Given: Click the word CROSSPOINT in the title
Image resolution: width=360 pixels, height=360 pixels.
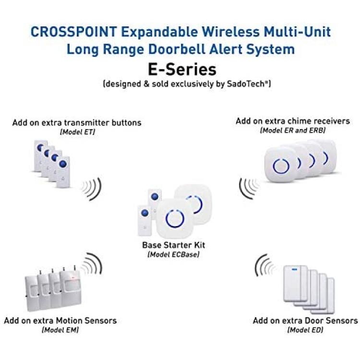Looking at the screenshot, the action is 74,32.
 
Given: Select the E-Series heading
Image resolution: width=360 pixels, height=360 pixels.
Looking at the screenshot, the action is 182,70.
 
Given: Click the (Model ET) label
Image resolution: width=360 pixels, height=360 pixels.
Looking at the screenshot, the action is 77,132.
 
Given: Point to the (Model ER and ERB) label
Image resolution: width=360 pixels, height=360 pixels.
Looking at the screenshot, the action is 293,131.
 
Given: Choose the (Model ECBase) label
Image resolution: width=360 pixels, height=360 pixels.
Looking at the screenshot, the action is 173,254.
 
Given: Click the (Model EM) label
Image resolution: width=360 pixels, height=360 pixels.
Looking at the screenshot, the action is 60,330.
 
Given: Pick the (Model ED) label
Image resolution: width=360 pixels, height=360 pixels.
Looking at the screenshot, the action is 305,330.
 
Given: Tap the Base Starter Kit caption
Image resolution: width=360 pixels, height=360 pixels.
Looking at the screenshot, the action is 174,245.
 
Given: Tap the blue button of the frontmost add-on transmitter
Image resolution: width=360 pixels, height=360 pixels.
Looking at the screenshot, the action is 63,164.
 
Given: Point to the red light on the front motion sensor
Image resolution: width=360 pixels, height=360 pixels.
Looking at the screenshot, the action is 73,278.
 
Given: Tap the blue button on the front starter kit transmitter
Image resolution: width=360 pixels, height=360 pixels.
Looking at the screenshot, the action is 144,213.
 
